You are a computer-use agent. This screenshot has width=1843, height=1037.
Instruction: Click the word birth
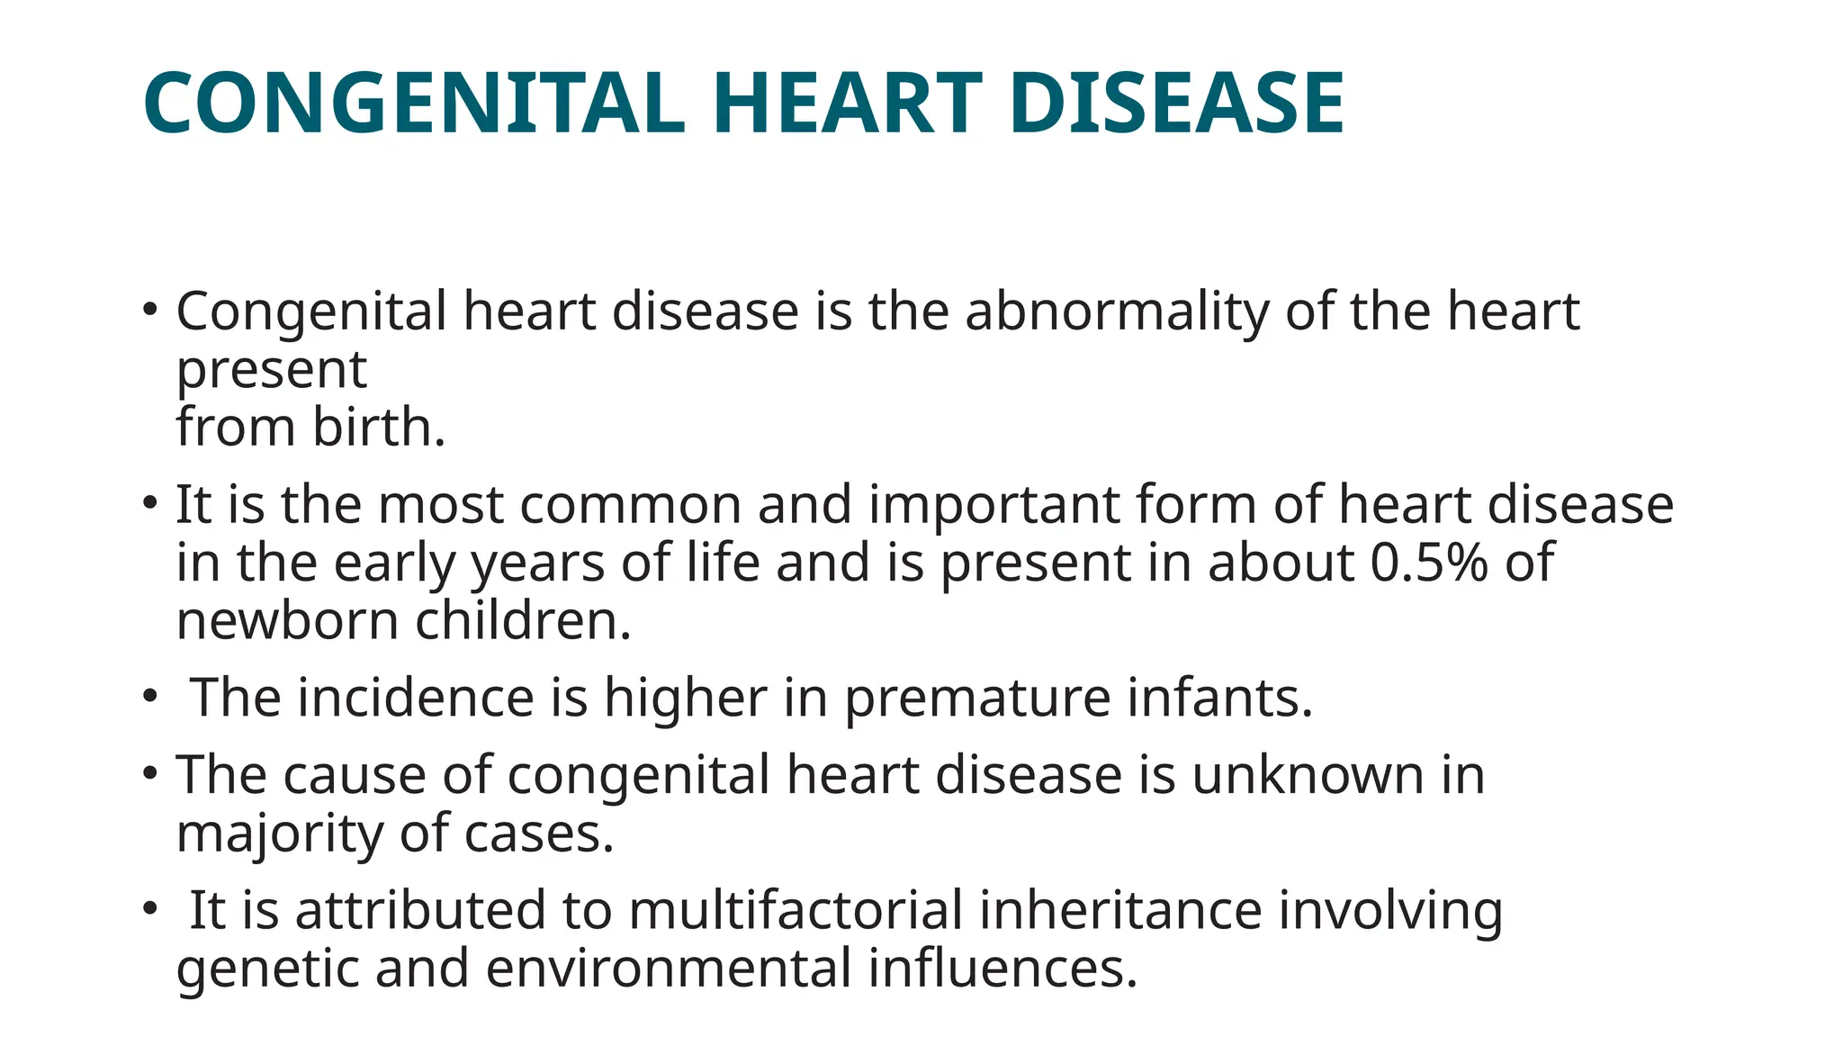pos(379,427)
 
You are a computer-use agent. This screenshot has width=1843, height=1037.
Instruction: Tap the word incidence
pos(416,698)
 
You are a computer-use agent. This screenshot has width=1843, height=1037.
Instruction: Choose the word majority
pos(280,834)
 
